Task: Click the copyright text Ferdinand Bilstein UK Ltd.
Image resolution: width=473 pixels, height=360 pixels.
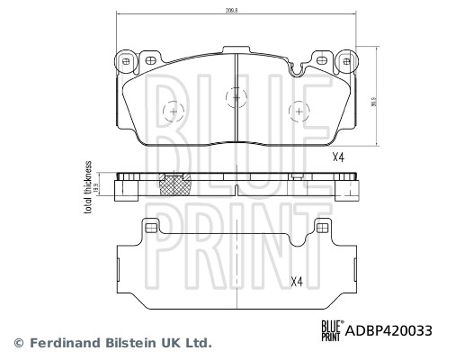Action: [120, 343]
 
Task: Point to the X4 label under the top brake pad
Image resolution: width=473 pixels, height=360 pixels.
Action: [338, 157]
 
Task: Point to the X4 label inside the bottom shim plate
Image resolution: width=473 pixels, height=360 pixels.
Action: [297, 281]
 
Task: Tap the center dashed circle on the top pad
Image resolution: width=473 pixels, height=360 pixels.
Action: [235, 94]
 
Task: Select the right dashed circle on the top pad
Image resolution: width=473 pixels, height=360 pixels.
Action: [298, 111]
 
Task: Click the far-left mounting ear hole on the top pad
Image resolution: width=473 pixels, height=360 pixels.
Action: [126, 61]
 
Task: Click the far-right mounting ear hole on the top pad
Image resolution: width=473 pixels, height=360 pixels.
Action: [344, 61]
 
